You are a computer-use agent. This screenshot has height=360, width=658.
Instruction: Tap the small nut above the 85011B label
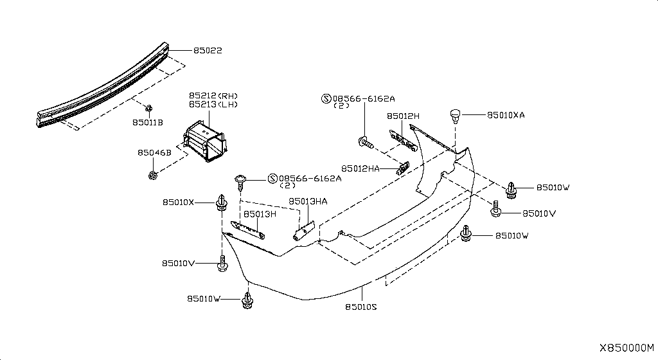[148, 108]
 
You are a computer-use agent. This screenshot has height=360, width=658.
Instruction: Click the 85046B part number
[154, 153]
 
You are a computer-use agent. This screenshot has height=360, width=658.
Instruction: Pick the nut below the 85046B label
[153, 175]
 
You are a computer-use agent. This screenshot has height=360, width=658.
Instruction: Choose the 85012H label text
[403, 116]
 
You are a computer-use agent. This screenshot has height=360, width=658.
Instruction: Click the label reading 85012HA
[360, 168]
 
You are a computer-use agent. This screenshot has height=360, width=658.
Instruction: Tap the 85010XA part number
[506, 115]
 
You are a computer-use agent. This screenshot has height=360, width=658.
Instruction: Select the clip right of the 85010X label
[221, 203]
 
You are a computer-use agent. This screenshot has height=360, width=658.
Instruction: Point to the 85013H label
[259, 214]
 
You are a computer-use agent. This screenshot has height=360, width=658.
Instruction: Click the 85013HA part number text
[308, 201]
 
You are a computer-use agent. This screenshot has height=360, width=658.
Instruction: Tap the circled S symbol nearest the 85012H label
[326, 99]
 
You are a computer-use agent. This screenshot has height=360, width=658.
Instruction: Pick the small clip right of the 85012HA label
[404, 168]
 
